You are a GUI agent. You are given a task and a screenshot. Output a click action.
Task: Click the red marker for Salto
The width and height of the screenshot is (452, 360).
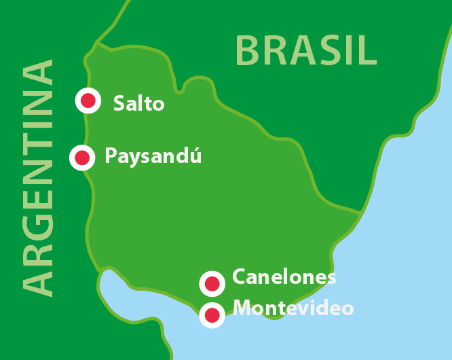88,101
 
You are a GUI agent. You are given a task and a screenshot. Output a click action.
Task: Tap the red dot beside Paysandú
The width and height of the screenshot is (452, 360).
82,158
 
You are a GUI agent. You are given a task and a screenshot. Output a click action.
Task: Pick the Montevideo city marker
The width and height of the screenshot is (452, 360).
212,314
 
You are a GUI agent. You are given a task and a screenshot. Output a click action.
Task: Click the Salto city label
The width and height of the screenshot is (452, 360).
139,103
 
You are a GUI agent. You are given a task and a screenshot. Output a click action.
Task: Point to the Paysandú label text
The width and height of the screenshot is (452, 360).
153,157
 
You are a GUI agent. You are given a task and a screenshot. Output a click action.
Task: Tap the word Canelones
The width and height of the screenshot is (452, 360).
284,277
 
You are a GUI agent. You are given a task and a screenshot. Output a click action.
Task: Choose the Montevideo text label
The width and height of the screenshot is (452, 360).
293,308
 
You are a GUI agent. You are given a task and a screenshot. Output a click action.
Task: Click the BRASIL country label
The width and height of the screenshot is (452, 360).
306,50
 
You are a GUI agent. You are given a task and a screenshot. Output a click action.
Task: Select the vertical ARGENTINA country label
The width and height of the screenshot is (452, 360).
38,178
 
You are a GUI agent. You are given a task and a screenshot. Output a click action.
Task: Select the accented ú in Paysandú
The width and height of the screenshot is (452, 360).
195,156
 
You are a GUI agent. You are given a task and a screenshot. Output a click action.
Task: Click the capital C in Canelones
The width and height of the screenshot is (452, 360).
239,277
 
